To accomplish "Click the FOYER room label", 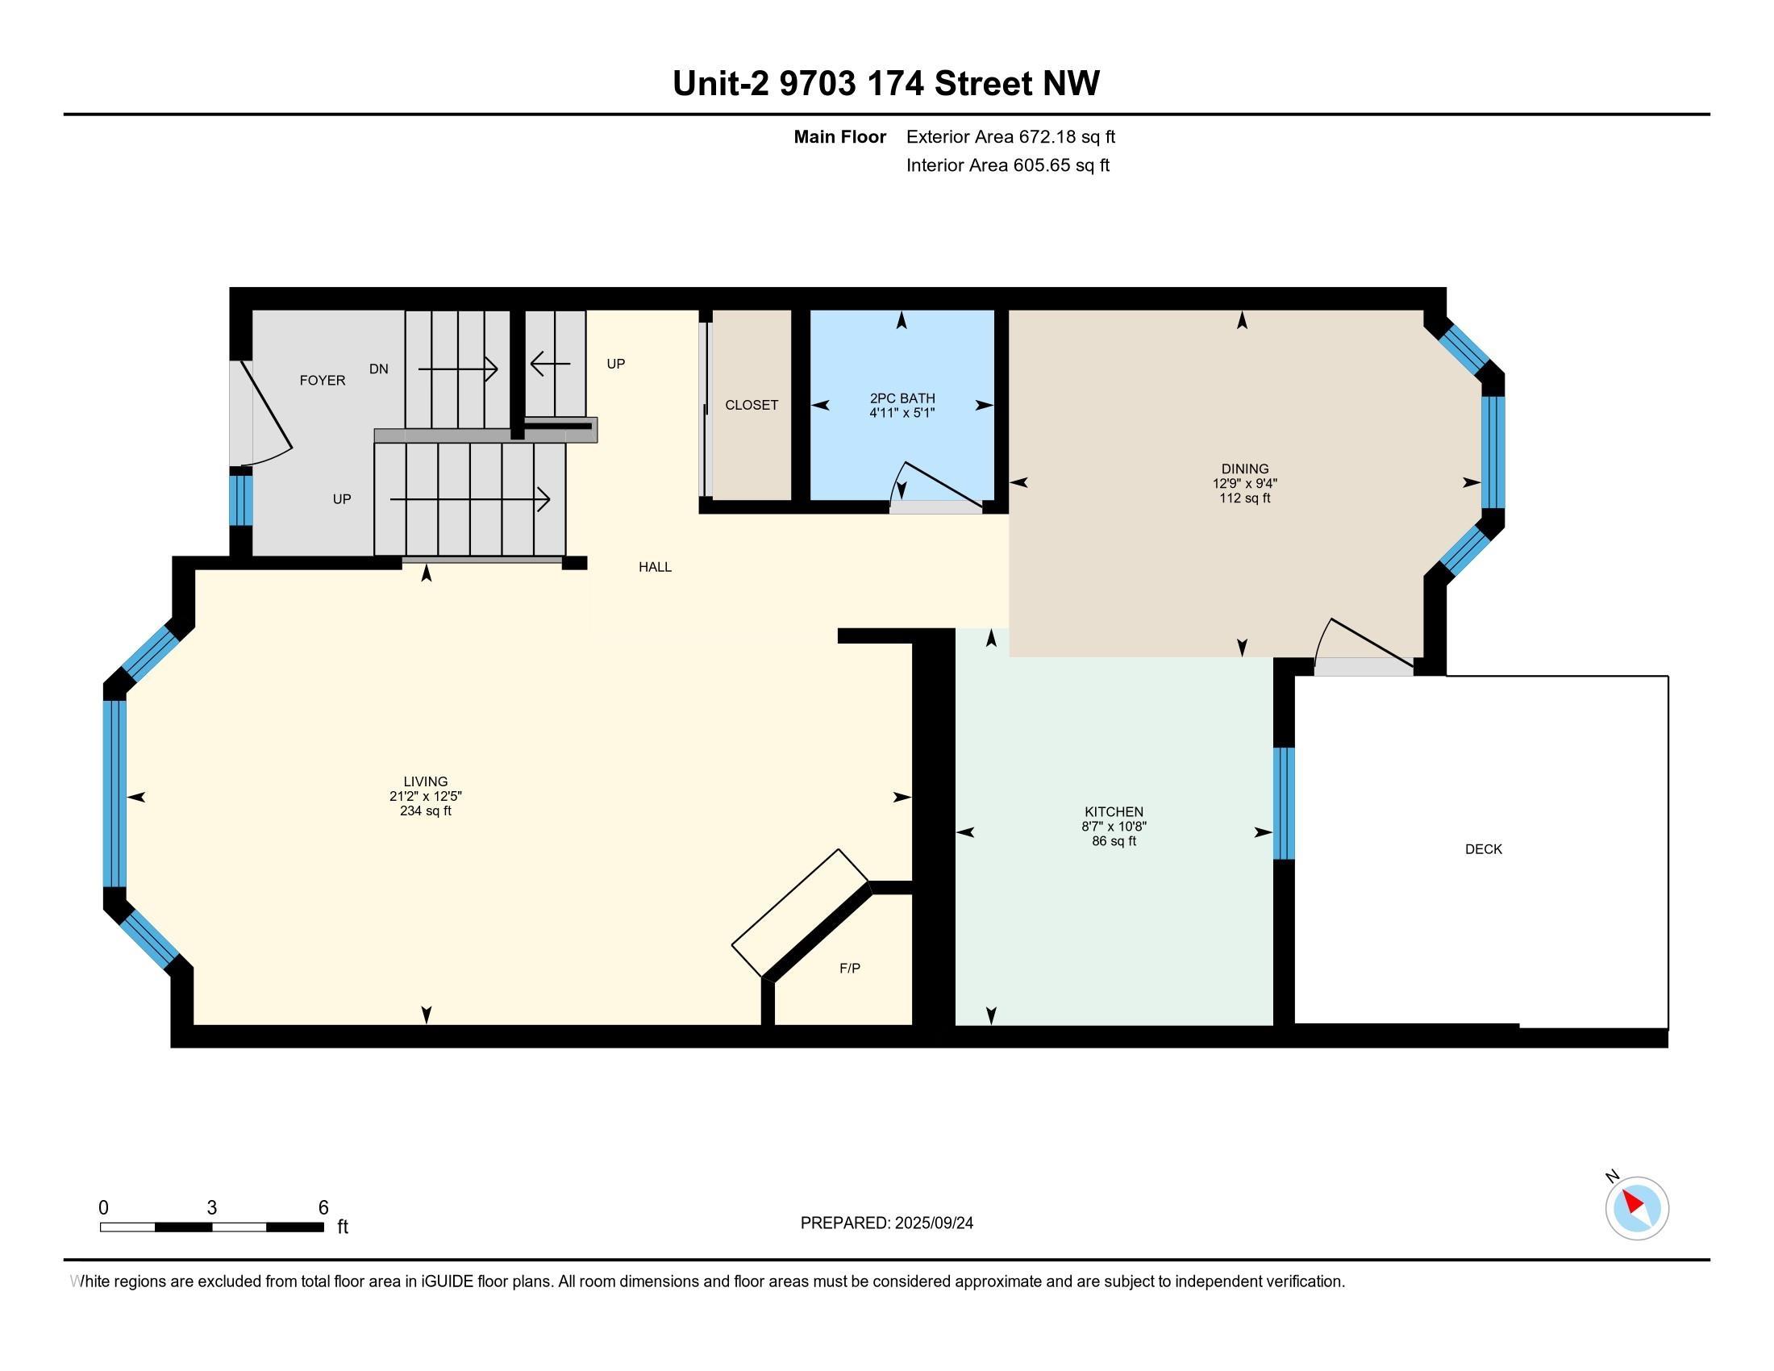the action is click(x=323, y=380).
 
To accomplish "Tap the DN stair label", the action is click(x=378, y=369).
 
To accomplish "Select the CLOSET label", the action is click(x=752, y=405).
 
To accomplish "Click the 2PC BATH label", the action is click(x=902, y=398).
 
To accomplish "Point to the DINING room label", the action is click(x=1244, y=469).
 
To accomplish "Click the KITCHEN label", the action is click(x=1114, y=811).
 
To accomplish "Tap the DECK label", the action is click(x=1483, y=848).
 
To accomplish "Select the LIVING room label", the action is click(x=426, y=781).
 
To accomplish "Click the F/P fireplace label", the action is click(x=850, y=967).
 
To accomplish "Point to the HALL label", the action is click(x=655, y=567).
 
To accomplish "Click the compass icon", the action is click(x=1636, y=1208).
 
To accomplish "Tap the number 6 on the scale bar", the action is click(x=323, y=1207).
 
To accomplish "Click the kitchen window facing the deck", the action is click(x=1284, y=803).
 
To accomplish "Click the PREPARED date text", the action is click(x=886, y=1223).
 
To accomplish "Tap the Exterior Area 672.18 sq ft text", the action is click(x=1010, y=136).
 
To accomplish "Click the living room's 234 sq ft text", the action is click(x=426, y=811).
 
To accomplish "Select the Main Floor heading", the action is click(x=840, y=136).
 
